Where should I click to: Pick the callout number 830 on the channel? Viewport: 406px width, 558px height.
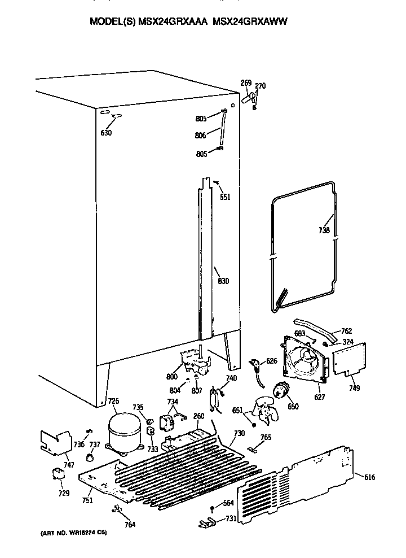pos(223,281)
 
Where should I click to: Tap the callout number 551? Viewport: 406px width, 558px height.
pos(225,197)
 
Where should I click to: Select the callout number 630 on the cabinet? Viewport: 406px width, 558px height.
pos(106,133)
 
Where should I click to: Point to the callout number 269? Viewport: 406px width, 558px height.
pos(246,83)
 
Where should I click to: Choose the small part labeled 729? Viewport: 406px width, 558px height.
pos(58,476)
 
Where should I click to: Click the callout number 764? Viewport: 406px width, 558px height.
pos(130,524)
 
